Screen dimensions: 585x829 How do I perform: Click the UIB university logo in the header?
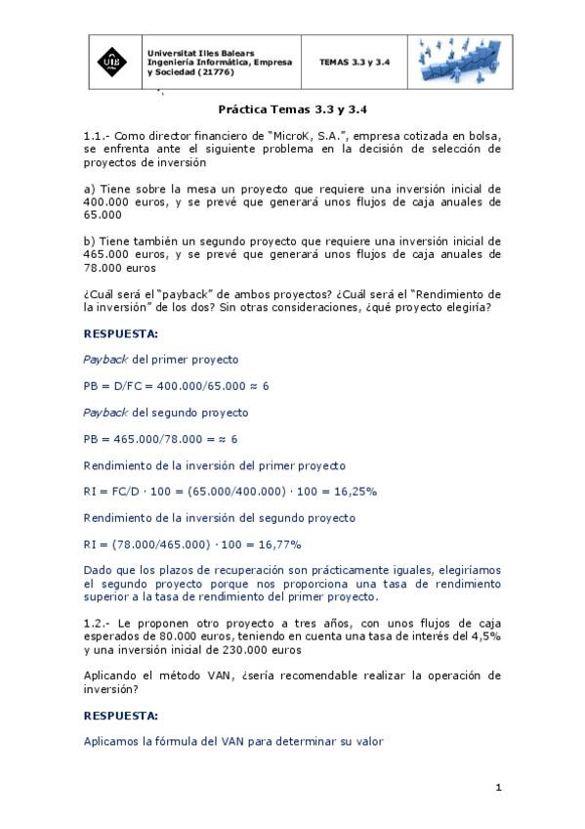113,62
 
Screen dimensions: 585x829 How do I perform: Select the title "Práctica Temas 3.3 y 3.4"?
293,110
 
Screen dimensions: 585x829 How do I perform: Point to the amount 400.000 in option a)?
109,201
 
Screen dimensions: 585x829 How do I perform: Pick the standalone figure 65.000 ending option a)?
103,214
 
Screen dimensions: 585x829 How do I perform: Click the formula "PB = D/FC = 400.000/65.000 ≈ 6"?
176,386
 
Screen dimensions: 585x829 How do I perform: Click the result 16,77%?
278,544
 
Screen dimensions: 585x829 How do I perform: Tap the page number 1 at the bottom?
498,788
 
